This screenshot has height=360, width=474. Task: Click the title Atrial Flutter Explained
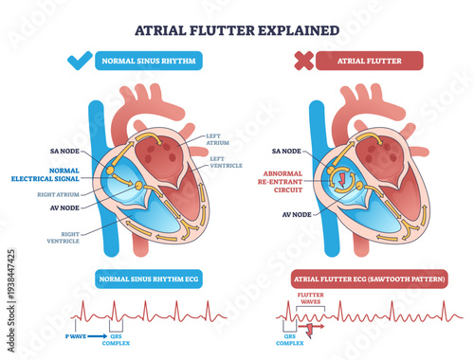tap(237, 28)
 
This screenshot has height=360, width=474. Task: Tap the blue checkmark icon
tap(79, 63)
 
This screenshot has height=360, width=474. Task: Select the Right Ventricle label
tap(62, 236)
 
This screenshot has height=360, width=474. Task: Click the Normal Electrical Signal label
tap(57, 174)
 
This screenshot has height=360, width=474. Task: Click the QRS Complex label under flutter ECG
tap(294, 343)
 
